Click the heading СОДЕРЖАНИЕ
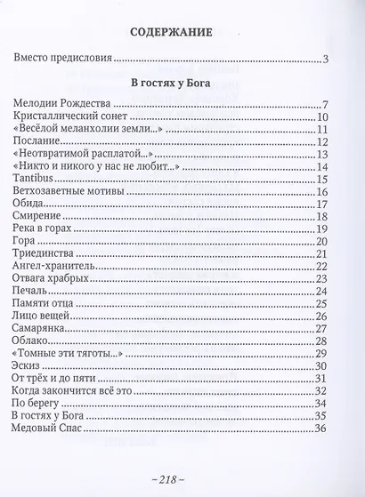click(x=182, y=36)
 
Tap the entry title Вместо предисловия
click(x=64, y=60)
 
